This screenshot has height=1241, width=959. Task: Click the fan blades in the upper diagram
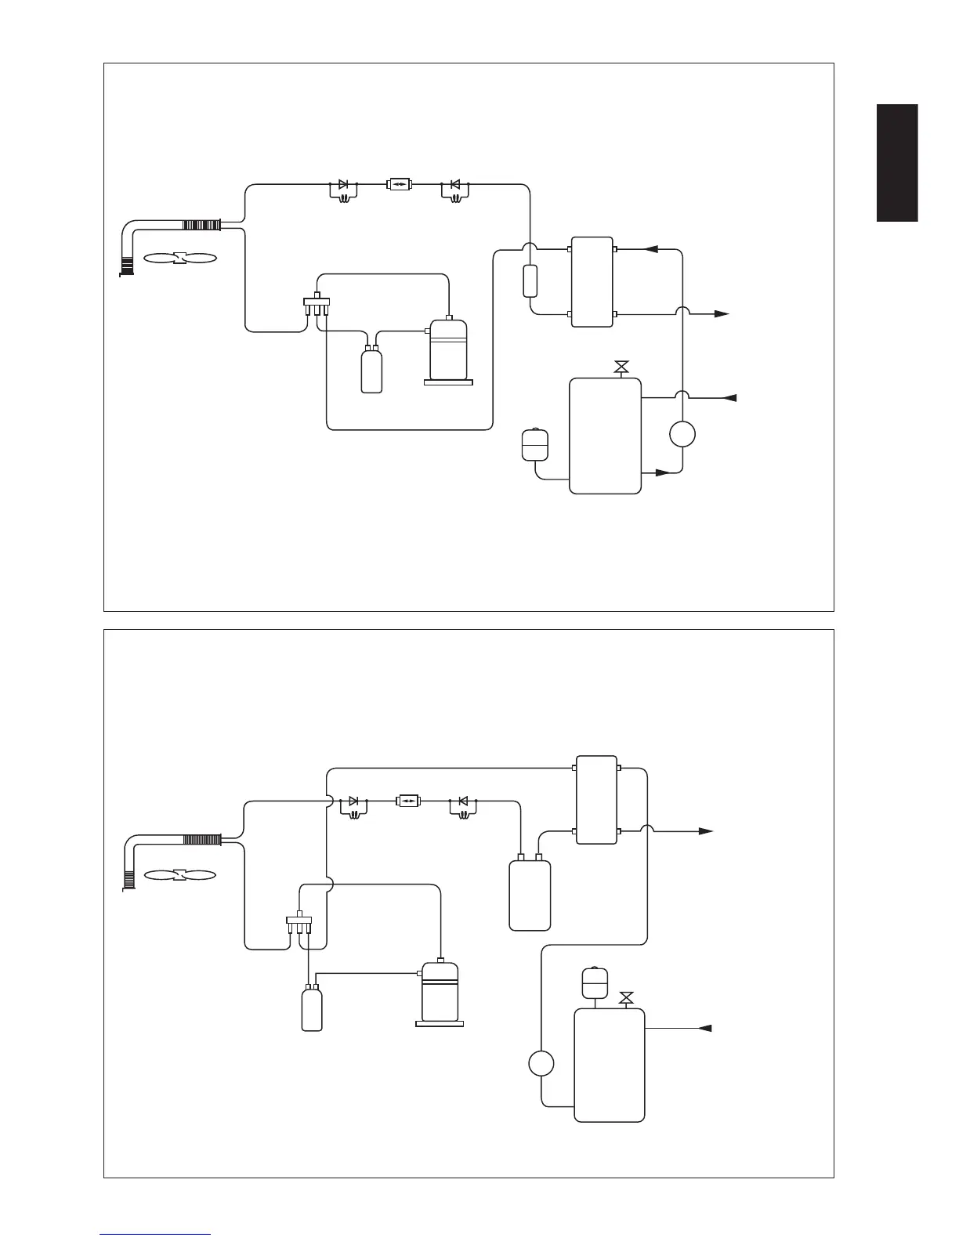coord(179,258)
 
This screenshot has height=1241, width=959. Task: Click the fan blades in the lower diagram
coord(179,874)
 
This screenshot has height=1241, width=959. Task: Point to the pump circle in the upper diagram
coord(682,434)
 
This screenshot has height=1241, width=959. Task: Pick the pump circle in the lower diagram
coord(541,1064)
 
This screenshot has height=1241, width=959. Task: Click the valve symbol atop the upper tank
coord(622,367)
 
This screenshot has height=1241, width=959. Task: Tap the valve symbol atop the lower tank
coord(626,998)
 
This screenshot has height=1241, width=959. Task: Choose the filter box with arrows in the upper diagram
coord(400,186)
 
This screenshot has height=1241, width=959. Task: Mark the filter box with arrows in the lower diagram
coord(408,801)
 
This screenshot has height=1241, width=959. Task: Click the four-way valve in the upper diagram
coord(316,305)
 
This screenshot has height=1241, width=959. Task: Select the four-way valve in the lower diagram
coord(300,921)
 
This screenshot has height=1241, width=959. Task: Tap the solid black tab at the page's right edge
coord(897,163)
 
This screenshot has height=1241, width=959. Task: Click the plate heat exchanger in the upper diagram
coord(592,281)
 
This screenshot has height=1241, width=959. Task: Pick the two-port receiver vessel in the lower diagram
coord(530,894)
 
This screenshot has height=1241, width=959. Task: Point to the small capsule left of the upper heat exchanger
coord(530,280)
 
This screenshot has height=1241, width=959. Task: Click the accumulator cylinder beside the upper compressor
coord(371,369)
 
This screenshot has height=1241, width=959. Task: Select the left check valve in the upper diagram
coord(342,186)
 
